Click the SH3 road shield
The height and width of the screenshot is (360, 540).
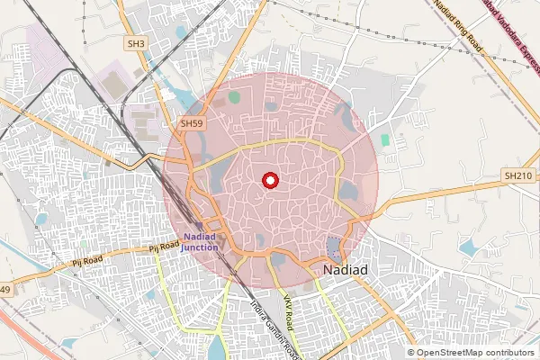click(x=136, y=42)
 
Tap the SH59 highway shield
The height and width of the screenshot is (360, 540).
click(x=191, y=122)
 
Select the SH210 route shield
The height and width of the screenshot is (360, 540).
click(x=519, y=176)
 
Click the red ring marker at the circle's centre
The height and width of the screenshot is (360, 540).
click(x=268, y=181)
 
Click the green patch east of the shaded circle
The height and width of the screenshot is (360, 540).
click(x=385, y=141)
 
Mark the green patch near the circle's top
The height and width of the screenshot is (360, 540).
click(x=235, y=96)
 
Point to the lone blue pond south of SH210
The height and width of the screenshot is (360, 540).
click(x=468, y=247)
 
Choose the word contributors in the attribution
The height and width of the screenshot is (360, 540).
click(x=508, y=352)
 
